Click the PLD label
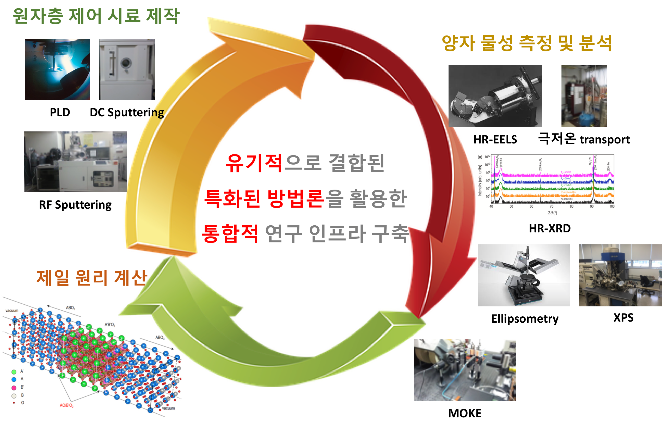(x=60, y=112)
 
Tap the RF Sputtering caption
(x=75, y=205)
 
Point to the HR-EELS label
(x=495, y=140)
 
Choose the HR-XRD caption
(x=549, y=228)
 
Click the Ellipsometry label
(x=525, y=319)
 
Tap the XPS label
(x=623, y=318)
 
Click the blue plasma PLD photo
(x=58, y=69)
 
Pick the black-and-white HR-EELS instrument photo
(x=495, y=96)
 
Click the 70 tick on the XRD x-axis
(x=551, y=207)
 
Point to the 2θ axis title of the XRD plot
(x=552, y=213)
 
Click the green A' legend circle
(x=14, y=372)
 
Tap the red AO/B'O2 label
(x=67, y=406)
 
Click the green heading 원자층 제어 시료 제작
(x=96, y=16)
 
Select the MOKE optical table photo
(x=464, y=370)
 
